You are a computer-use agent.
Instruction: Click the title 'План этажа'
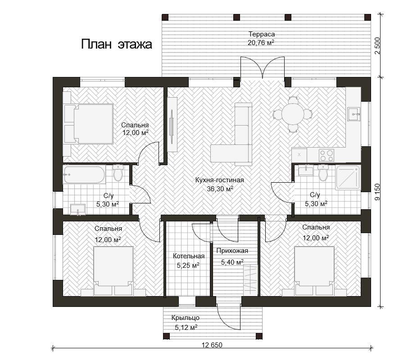(117, 44)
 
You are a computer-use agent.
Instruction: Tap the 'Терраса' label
(262, 34)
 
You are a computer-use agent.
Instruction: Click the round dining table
(293, 114)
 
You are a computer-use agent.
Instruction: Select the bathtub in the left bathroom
(84, 175)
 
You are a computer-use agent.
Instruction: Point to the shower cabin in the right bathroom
(348, 177)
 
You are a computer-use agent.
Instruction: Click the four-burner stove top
(326, 155)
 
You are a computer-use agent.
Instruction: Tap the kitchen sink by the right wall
(354, 114)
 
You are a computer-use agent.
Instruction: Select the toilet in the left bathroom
(118, 172)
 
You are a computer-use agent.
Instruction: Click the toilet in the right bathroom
(323, 172)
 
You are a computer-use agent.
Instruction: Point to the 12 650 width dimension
(212, 345)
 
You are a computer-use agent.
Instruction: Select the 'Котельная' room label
(189, 256)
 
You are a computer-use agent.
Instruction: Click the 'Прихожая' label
(232, 251)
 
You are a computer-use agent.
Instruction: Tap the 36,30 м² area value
(220, 189)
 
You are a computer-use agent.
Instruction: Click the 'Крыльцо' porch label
(185, 318)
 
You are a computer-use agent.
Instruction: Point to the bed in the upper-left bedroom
(89, 124)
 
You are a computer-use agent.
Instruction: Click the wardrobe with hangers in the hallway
(250, 279)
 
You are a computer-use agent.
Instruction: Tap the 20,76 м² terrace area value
(261, 42)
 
